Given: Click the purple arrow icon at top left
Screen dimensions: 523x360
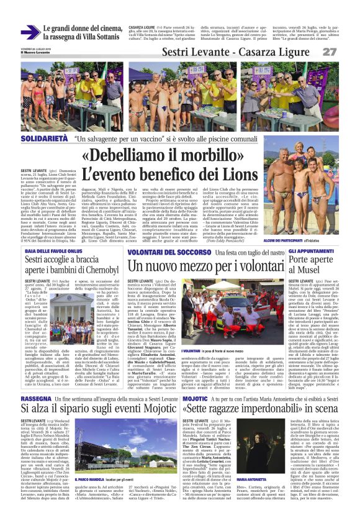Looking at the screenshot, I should tap(30, 32).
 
